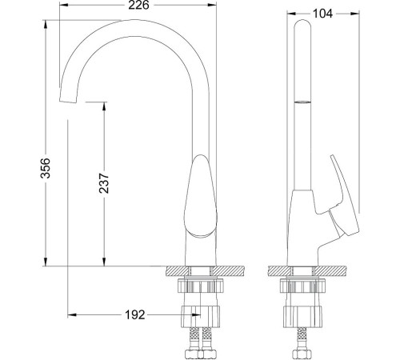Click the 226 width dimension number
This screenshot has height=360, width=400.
click(x=138, y=5)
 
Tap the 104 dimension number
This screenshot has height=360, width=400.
click(x=322, y=14)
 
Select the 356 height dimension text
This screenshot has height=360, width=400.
click(x=45, y=168)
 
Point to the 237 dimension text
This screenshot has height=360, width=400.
click(x=104, y=183)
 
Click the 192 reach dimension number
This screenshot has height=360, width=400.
click(x=135, y=315)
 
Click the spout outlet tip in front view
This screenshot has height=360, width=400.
click(x=68, y=101)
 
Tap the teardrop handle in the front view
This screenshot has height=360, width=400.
click(x=200, y=196)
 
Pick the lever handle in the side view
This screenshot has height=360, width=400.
click(x=343, y=195)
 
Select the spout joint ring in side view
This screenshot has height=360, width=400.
click(x=302, y=102)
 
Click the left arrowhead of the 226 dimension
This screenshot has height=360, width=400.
click(x=64, y=5)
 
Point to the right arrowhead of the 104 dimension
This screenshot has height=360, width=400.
click(x=355, y=14)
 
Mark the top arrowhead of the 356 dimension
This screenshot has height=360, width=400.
click(x=46, y=25)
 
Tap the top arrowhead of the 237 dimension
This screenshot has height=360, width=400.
click(x=104, y=106)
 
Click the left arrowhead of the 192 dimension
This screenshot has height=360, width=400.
click(x=73, y=315)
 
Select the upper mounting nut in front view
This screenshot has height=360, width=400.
click(x=201, y=285)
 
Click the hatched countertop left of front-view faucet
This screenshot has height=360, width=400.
click(x=177, y=271)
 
